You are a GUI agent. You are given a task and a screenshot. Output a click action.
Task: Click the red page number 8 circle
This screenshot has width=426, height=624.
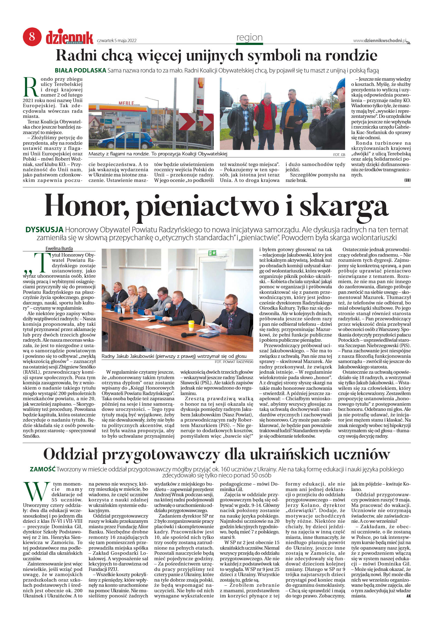point(32,37)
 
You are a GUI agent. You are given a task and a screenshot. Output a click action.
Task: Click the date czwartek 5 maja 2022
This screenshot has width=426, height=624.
point(117,41)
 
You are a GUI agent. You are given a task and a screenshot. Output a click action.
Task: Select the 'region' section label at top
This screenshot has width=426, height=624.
point(249,37)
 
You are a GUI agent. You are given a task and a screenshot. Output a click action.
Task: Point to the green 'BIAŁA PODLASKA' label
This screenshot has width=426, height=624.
point(80,70)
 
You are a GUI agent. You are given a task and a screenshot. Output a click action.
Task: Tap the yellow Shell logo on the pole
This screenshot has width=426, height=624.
point(200,83)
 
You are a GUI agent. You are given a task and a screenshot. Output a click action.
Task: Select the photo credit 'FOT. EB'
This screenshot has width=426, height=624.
point(339,155)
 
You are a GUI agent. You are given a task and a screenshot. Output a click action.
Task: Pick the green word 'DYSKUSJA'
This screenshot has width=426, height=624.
point(44,230)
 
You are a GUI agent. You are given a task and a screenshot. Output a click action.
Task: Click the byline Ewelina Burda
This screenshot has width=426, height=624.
point(59,248)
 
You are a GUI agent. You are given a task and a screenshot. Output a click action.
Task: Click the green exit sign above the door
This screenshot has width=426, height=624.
point(212,253)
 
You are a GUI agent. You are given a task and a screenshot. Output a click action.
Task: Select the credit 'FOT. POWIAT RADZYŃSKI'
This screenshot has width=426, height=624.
point(234,362)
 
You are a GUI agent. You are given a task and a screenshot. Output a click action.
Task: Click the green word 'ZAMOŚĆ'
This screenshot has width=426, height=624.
point(42,469)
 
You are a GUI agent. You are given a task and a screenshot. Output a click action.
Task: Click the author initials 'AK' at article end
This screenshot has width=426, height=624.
point(408,596)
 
